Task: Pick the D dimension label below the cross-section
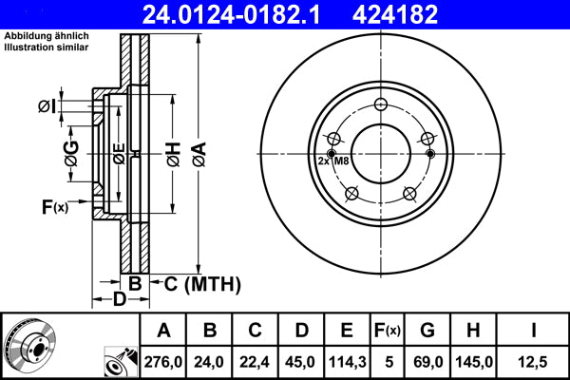point(119,300)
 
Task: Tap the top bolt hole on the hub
point(381,104)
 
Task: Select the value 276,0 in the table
point(164,360)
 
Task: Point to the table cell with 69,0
point(427,360)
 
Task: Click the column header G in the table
point(427,331)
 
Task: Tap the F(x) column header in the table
point(387,331)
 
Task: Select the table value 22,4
point(256,360)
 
